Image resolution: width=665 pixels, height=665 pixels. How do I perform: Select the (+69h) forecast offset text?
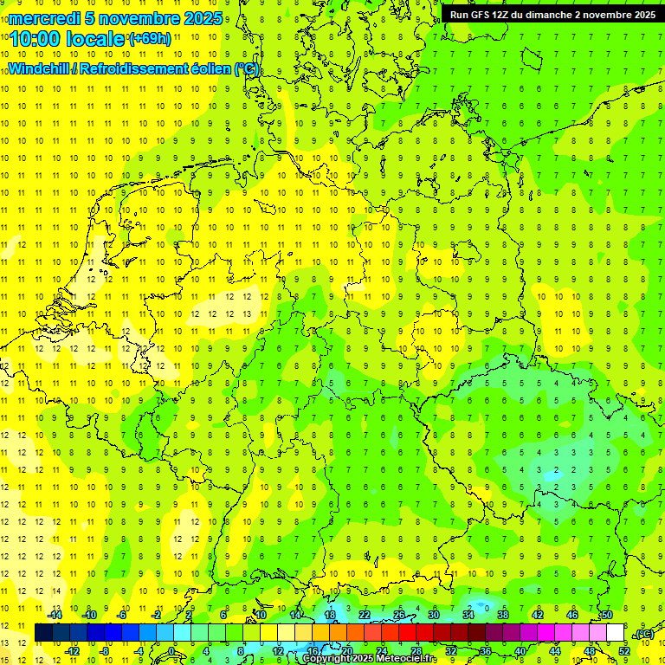tap(150, 39)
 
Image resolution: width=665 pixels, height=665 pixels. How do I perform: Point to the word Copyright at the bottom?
tap(328, 659)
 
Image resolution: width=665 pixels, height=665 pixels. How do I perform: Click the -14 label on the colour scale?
tap(55, 615)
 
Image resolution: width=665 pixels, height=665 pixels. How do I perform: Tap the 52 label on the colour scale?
tap(623, 650)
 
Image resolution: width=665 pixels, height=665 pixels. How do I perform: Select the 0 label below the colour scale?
tap(172, 650)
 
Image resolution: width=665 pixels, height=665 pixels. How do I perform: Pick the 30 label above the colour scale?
tap(433, 615)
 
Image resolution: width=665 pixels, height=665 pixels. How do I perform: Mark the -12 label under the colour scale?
tap(72, 650)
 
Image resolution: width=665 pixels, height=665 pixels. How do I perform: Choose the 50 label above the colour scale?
tap(606, 615)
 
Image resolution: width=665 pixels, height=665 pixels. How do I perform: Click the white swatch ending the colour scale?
tap(615, 632)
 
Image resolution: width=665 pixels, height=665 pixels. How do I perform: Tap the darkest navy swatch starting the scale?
tap(43, 632)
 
